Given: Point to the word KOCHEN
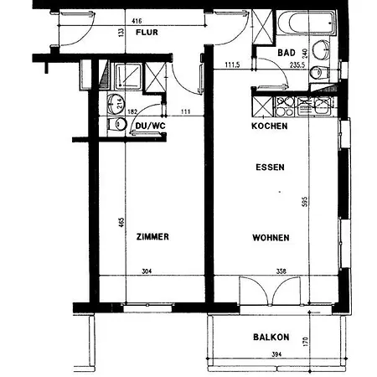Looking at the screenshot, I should (x=270, y=127).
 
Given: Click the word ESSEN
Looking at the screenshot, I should (x=270, y=168).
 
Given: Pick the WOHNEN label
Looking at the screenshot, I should (x=270, y=238).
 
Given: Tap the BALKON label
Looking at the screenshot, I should (x=271, y=338).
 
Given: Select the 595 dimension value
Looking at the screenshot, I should (x=307, y=202).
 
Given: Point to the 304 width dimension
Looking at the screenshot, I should (x=147, y=271).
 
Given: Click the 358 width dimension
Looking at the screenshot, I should (x=281, y=271).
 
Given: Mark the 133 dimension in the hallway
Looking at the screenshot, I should (x=120, y=32).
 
